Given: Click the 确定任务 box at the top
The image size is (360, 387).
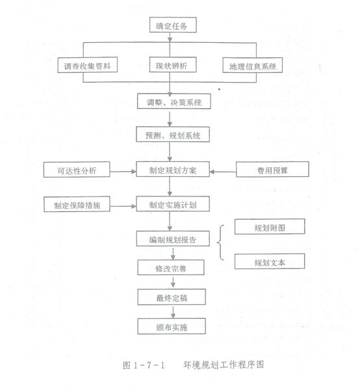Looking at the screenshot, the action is [173, 25].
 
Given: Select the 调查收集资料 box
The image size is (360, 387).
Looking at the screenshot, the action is [87, 65].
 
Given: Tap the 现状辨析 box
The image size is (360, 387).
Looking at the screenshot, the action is [173, 64].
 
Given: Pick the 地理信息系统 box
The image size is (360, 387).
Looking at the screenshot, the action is [253, 65].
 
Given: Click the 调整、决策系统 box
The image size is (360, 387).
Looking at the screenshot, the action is [174, 101].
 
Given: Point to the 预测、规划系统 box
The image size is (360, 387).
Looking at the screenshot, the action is [173, 135].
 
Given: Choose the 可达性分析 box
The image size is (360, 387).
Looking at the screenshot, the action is [77, 170].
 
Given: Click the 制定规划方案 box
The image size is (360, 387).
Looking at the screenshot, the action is [173, 169].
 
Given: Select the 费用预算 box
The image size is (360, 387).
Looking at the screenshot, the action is [272, 169].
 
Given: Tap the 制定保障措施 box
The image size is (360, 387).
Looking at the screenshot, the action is [77, 204].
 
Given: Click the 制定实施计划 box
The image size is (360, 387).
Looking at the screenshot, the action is [173, 204].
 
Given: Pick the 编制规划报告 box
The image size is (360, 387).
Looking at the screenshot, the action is [173, 239].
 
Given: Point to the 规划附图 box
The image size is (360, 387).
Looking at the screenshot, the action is [270, 226].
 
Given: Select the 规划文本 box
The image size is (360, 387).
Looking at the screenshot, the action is [270, 261].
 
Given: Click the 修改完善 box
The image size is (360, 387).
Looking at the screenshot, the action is [171, 267].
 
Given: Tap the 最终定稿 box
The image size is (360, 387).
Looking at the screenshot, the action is [172, 297].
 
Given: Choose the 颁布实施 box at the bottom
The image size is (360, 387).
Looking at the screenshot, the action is [172, 327].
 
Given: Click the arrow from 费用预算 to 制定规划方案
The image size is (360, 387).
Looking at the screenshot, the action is [223, 172].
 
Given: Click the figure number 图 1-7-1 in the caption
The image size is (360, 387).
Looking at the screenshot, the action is [144, 365].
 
